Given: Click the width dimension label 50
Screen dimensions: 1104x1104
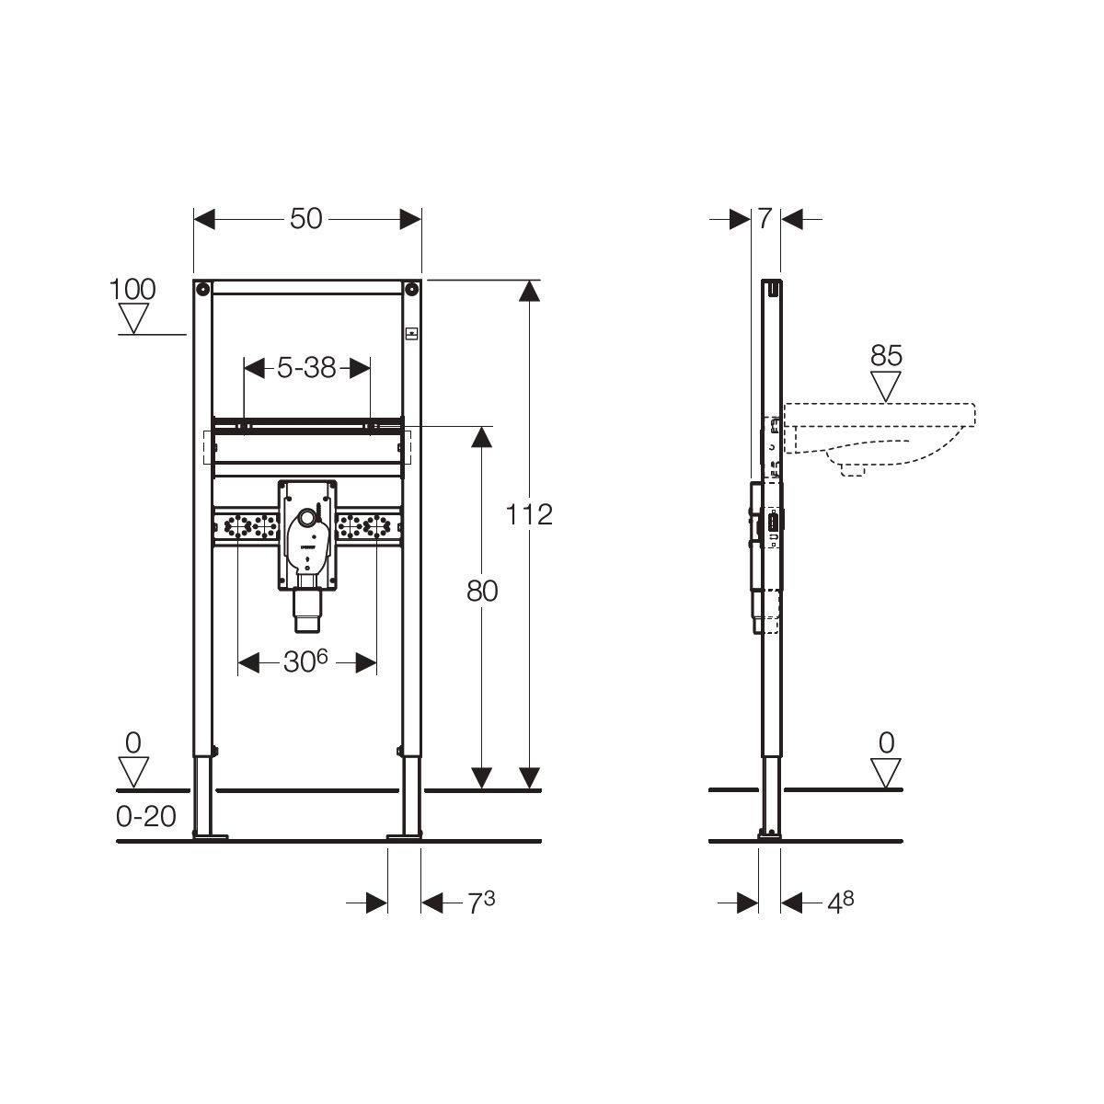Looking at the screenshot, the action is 306,219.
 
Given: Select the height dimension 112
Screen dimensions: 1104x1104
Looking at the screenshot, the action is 529,514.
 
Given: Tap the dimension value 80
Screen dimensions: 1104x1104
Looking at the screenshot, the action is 482,591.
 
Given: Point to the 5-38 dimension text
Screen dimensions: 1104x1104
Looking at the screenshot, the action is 306,368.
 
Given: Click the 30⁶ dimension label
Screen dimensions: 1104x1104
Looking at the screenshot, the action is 306,662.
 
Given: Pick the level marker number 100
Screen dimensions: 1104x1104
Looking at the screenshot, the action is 132,289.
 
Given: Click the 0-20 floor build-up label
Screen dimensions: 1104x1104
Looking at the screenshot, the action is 146,816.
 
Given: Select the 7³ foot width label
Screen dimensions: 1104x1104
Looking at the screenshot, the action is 481,903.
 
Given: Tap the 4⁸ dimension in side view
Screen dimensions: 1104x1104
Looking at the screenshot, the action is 841,903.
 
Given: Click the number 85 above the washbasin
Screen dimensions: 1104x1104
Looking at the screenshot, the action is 886,356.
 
